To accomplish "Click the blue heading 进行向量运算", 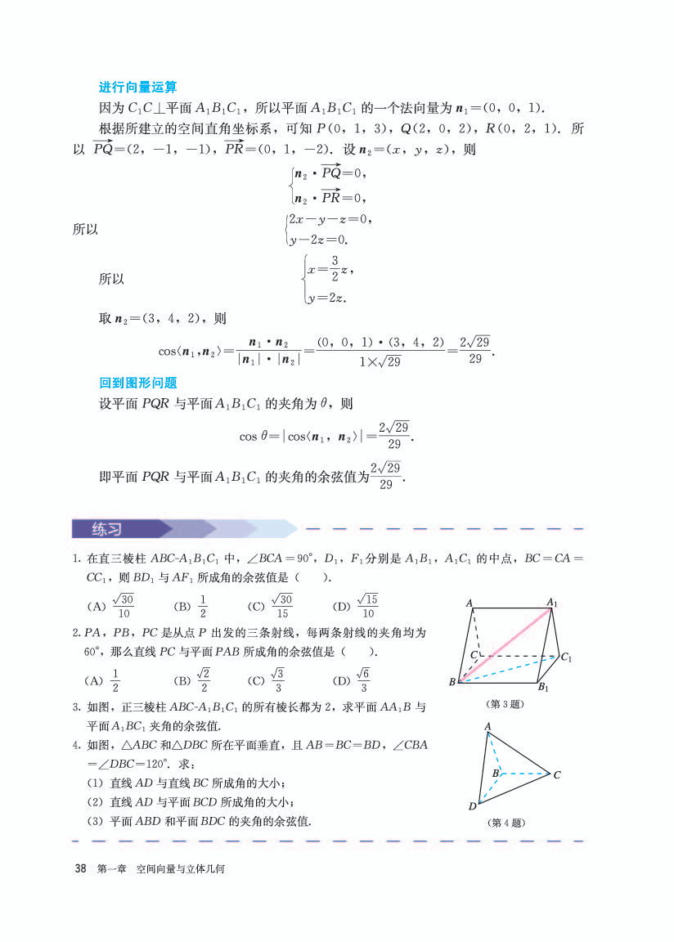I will pyautogui.click(x=137, y=87).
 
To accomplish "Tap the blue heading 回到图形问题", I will pyautogui.click(x=137, y=382).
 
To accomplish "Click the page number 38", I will pyautogui.click(x=80, y=868).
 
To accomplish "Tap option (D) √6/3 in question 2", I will pyautogui.click(x=356, y=680).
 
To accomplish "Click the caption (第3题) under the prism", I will pyautogui.click(x=505, y=703).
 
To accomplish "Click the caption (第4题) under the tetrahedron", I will pyautogui.click(x=505, y=823).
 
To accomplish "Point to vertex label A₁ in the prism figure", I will pyautogui.click(x=553, y=603).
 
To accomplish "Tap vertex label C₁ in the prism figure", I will pyautogui.click(x=566, y=657).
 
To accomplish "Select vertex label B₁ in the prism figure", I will pyautogui.click(x=544, y=687).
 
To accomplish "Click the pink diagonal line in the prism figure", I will pyautogui.click(x=502, y=643).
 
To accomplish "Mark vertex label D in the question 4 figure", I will pyautogui.click(x=473, y=806).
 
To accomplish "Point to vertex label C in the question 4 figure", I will pyautogui.click(x=557, y=774).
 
